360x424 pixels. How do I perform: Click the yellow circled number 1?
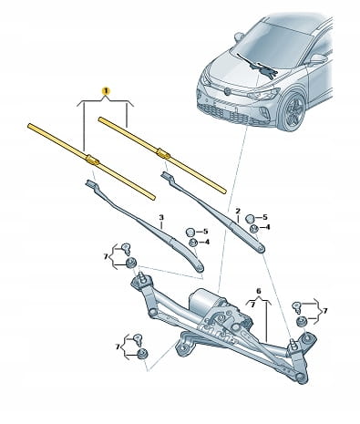click(x=106, y=90)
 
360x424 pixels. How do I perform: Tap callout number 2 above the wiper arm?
click(x=238, y=211)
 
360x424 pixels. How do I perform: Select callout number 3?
click(x=161, y=217)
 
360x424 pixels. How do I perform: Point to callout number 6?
click(x=259, y=291)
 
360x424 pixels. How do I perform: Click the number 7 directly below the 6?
click(x=252, y=305)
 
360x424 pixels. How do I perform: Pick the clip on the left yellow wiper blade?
click(x=92, y=160)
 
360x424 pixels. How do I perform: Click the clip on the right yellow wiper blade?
click(x=163, y=153)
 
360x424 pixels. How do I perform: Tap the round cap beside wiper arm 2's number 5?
click(x=250, y=218)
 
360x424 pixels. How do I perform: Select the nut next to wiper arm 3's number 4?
click(x=192, y=243)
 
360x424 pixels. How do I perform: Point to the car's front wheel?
click(x=292, y=111)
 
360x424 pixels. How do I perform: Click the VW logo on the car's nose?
click(x=227, y=90)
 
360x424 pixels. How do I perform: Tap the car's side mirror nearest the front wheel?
click(x=318, y=58)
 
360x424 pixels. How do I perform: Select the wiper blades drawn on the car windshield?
click(x=258, y=66)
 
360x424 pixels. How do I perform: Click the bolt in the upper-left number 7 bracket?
click(x=126, y=249)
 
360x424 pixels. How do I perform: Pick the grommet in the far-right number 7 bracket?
click(x=302, y=322)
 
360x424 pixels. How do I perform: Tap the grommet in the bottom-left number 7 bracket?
click(x=142, y=354)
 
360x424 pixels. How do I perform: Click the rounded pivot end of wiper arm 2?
click(x=261, y=249)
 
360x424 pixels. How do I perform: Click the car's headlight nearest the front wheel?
click(x=264, y=94)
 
